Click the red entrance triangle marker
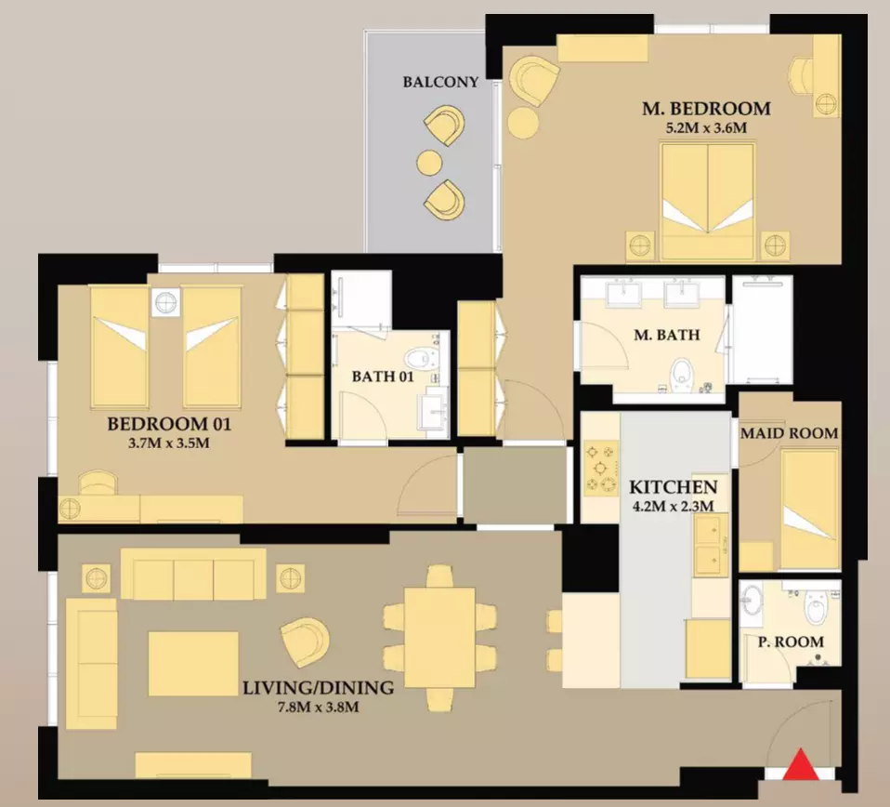pos(801,765)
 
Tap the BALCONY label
pos(440,83)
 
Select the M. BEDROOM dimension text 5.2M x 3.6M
pos(706,127)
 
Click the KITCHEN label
pos(674,486)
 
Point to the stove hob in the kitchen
pos(601,469)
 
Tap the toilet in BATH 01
pos(418,358)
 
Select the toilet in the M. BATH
pos(680,375)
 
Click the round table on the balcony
pos(430,163)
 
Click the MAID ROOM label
pos(789,433)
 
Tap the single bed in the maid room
pos(809,509)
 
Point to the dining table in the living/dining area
pos(439,637)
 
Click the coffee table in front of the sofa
pos(193,663)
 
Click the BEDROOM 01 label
pos(169,424)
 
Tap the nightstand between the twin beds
pos(165,301)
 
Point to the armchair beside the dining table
pos(305,642)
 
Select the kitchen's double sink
pos(711,544)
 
